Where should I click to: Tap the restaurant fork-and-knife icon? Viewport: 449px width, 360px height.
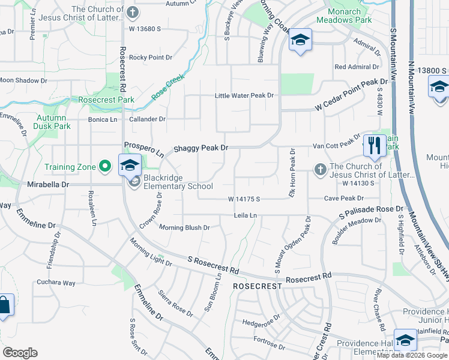point(373,146)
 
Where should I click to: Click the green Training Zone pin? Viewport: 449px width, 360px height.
point(106,165)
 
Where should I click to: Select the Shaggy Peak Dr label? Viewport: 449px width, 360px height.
point(201,148)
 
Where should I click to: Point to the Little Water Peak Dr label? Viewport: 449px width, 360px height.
point(244,95)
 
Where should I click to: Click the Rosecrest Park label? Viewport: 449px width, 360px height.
point(106,100)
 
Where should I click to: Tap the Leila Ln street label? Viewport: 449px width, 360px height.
point(246,215)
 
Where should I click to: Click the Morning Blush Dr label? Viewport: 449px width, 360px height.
point(184,227)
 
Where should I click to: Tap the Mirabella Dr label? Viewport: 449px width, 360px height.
point(49,185)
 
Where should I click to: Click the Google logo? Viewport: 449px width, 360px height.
point(20,353)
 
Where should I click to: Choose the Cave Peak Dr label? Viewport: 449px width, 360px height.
point(344,198)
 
